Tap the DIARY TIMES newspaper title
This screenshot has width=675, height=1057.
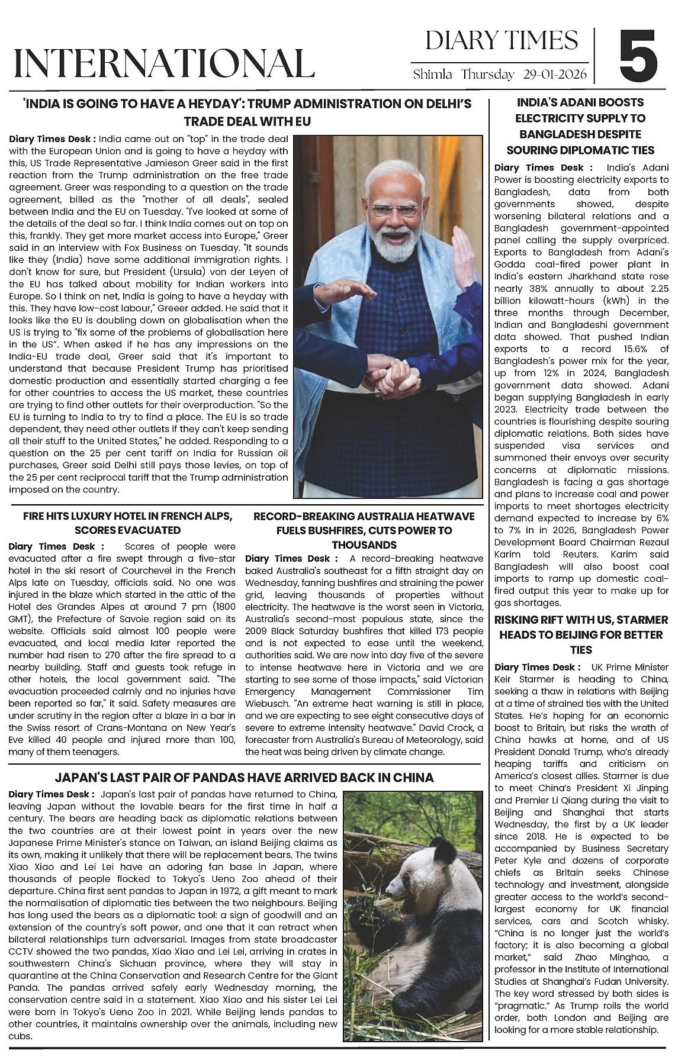click(501, 41)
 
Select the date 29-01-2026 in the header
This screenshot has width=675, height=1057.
click(555, 75)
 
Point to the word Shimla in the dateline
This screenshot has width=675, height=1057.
click(433, 75)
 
